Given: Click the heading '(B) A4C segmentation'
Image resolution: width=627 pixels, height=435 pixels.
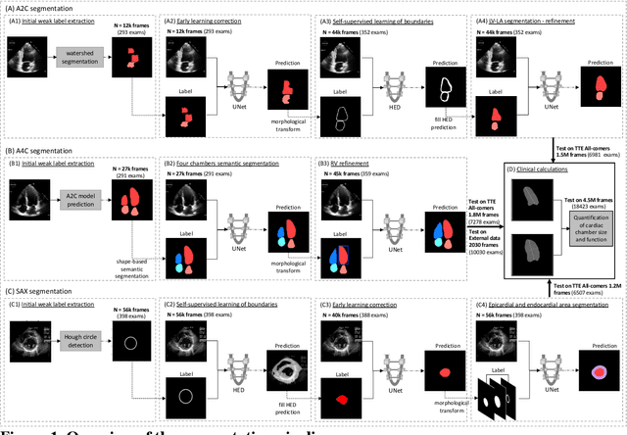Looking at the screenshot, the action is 43,152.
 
